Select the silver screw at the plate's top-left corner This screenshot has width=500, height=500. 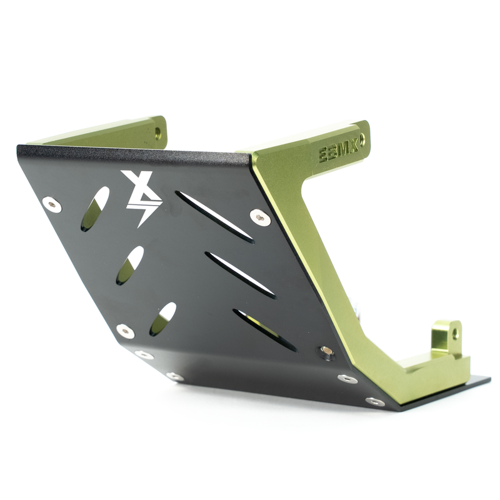click(x=52, y=204)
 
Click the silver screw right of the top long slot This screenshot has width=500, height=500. click(x=260, y=217)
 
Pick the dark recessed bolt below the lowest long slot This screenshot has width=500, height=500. click(x=326, y=352)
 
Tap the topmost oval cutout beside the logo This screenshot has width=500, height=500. click(x=95, y=208)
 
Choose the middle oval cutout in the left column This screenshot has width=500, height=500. click(x=129, y=264)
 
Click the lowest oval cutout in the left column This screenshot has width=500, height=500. click(x=162, y=319)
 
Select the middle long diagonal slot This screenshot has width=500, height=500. click(x=240, y=274)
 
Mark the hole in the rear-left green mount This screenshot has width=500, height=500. click(x=157, y=133)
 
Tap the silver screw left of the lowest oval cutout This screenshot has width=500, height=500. click(x=125, y=331)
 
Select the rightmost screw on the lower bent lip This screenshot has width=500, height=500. click(x=375, y=401)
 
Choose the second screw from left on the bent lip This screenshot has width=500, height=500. click(x=175, y=376)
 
